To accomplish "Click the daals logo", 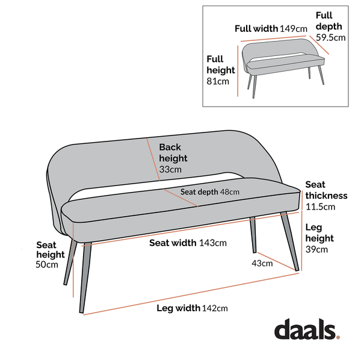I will (x=306, y=330).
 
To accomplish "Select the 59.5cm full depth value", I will (x=331, y=37).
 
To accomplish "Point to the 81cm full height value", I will (x=218, y=81).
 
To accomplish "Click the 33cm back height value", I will (x=170, y=170).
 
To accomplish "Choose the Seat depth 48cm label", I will (x=210, y=191).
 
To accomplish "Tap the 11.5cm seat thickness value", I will (x=319, y=206).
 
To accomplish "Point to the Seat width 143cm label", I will (x=188, y=243).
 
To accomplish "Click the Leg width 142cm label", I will (x=192, y=308).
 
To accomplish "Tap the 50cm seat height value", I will (x=48, y=264).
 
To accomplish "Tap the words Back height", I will (x=173, y=152).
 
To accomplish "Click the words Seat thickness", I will (x=326, y=190).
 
